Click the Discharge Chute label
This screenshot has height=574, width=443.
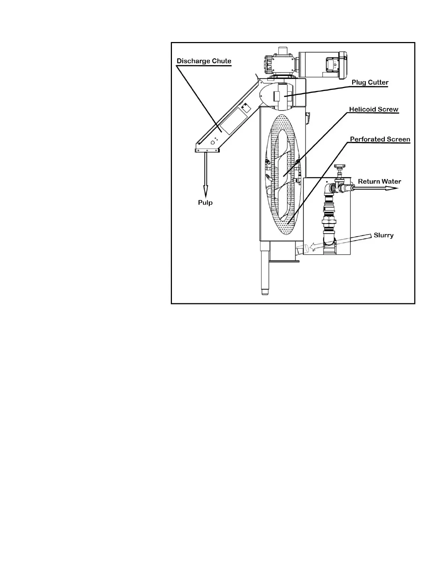tap(204, 61)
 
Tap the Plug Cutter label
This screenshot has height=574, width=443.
tap(370, 83)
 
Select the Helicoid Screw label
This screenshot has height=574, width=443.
tap(374, 109)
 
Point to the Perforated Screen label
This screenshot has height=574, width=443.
tap(380, 140)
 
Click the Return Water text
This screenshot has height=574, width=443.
tap(379, 182)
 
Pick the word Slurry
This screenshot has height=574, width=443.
tap(383, 235)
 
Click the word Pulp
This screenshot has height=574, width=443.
tap(205, 203)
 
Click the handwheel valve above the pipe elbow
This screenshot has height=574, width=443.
tap(339, 167)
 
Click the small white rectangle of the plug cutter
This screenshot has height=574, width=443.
tap(277, 96)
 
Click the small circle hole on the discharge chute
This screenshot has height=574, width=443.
tap(212, 143)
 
